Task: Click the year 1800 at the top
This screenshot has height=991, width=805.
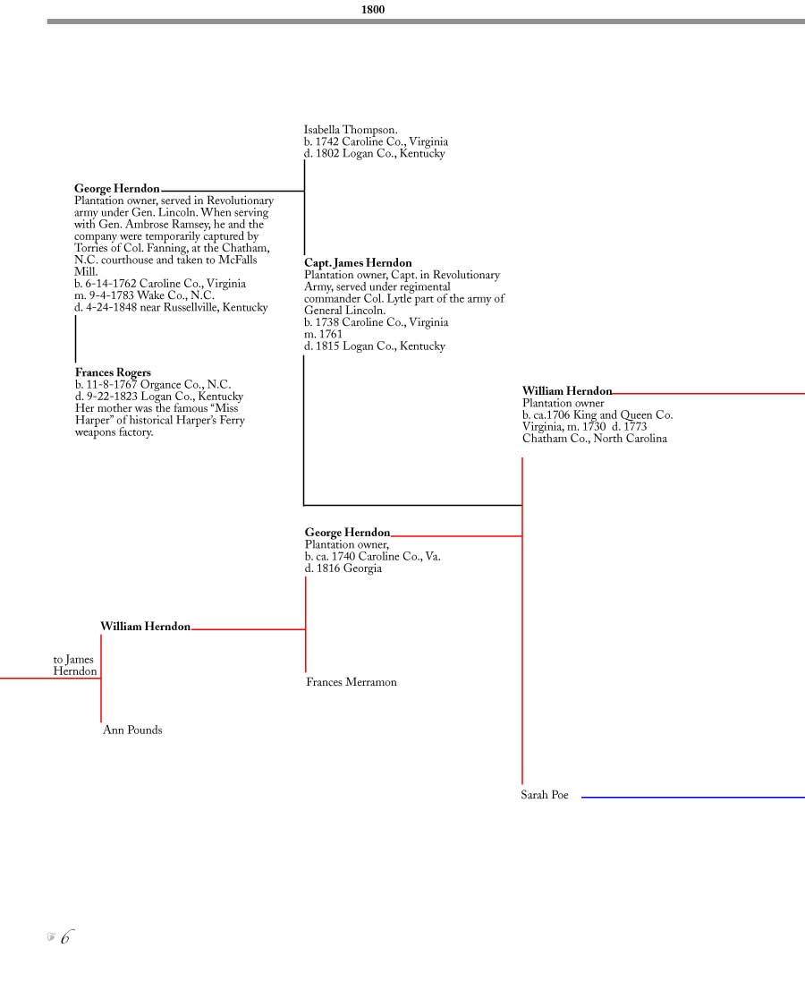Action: coord(372,10)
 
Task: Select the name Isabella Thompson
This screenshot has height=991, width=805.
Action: coord(351,130)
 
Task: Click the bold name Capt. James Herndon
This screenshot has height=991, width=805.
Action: coord(358,263)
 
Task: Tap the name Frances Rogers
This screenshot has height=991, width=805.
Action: coord(113,372)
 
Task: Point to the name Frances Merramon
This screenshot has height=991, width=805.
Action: coord(352,682)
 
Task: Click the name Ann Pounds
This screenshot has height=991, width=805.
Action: coord(132,730)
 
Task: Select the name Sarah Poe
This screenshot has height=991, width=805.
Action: coord(544,795)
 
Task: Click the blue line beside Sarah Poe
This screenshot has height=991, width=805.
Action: coord(692,798)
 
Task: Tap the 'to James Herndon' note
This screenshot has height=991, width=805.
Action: coord(74,665)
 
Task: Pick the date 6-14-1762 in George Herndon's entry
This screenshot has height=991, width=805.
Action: coord(112,284)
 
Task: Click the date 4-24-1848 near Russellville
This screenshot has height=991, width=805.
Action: coord(112,308)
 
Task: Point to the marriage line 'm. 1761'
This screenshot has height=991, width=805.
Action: coord(323,334)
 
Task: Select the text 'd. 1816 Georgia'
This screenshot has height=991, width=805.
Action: coord(343,568)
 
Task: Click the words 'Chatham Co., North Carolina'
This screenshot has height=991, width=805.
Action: coord(595,439)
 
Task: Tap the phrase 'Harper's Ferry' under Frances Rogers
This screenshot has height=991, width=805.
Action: coord(210,420)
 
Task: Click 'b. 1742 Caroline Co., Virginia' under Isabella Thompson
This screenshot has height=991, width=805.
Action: coord(377,141)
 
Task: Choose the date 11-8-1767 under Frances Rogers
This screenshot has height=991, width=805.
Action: coord(112,384)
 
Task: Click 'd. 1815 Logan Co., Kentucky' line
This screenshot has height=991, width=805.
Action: coord(375,346)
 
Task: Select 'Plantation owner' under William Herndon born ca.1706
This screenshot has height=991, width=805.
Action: coord(563,403)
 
